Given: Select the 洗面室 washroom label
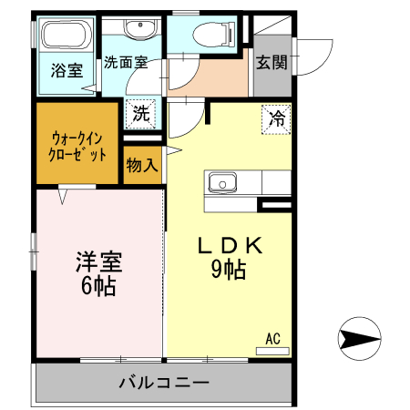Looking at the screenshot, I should click(125, 63).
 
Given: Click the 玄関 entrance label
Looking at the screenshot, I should click(272, 63).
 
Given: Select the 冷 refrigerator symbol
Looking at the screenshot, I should click(277, 118).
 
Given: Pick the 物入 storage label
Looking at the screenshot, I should click(142, 165).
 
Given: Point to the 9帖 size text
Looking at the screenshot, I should click(229, 270).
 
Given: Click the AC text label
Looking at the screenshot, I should click(272, 337).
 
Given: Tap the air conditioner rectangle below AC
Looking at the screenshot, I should click(272, 349).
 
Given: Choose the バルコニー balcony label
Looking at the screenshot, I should click(164, 381).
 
